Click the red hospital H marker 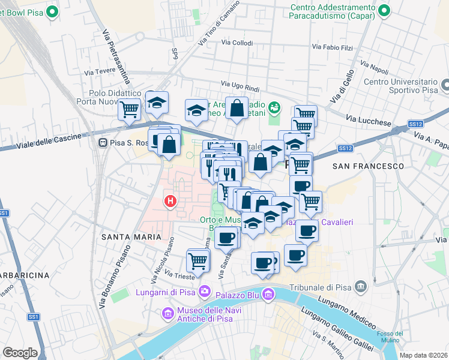170,200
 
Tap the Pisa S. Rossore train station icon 103,143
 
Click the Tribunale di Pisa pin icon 360,285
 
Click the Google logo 20,353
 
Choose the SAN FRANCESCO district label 368,166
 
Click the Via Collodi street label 237,43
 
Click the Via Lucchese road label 369,121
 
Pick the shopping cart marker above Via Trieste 197,260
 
